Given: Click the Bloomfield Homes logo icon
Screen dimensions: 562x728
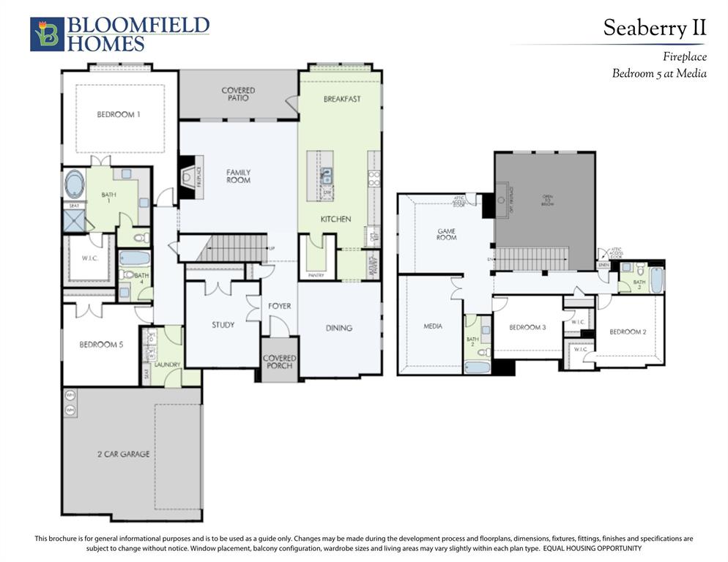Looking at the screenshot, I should pos(46,34).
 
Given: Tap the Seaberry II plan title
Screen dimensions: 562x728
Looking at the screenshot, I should pos(654,28).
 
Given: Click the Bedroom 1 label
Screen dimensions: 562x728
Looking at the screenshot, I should pos(119,115).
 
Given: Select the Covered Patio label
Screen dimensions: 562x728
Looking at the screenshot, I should pos(238,94).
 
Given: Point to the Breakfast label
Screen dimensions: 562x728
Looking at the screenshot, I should pos(341,99).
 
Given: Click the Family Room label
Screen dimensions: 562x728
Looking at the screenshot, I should pos(238,176).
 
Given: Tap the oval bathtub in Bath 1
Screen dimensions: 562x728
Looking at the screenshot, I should pos(75,184).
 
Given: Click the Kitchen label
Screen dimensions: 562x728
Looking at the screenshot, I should pos(335,219).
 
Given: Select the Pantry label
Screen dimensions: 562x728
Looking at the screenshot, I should pos(316,275).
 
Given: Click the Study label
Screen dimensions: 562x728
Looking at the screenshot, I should pos(223,324).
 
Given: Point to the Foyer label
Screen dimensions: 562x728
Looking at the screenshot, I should pos(279,306).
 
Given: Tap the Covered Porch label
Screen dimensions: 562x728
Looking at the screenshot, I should pos(279,362).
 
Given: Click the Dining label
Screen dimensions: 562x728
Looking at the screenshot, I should pos(338,328).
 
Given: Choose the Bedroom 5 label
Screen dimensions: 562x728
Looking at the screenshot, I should pos(101,345).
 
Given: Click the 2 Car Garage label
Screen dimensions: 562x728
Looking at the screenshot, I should pos(123,454).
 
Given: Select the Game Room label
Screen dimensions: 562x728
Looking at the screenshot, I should pos(446,233).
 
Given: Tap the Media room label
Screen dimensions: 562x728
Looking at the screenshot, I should pos(433,326).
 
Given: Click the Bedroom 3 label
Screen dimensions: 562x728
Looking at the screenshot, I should pos(527,327).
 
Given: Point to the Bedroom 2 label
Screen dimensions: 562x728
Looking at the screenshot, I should pos(628,331).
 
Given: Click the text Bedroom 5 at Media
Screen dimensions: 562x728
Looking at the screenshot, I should pos(659,73).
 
